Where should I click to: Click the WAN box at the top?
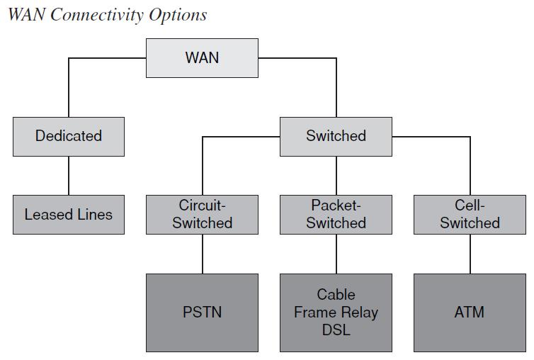click(x=202, y=58)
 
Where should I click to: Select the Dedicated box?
click(x=69, y=136)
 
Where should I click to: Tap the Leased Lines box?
click(x=69, y=214)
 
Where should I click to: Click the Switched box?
click(x=336, y=136)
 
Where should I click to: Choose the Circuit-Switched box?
click(x=202, y=214)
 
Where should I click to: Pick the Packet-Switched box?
click(x=336, y=214)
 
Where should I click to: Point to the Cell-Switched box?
click(x=469, y=214)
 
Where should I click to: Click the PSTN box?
click(x=202, y=313)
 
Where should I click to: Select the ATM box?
click(x=469, y=313)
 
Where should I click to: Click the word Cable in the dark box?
click(x=336, y=294)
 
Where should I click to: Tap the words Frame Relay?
click(x=336, y=313)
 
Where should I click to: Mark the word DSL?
click(x=336, y=330)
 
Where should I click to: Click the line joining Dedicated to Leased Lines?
click(x=69, y=176)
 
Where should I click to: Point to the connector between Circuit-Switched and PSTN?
click(x=202, y=254)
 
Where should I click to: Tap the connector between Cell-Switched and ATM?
click(x=469, y=254)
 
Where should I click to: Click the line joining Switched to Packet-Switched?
click(x=336, y=176)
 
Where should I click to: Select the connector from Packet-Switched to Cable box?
click(x=336, y=254)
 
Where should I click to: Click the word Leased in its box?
click(x=49, y=214)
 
